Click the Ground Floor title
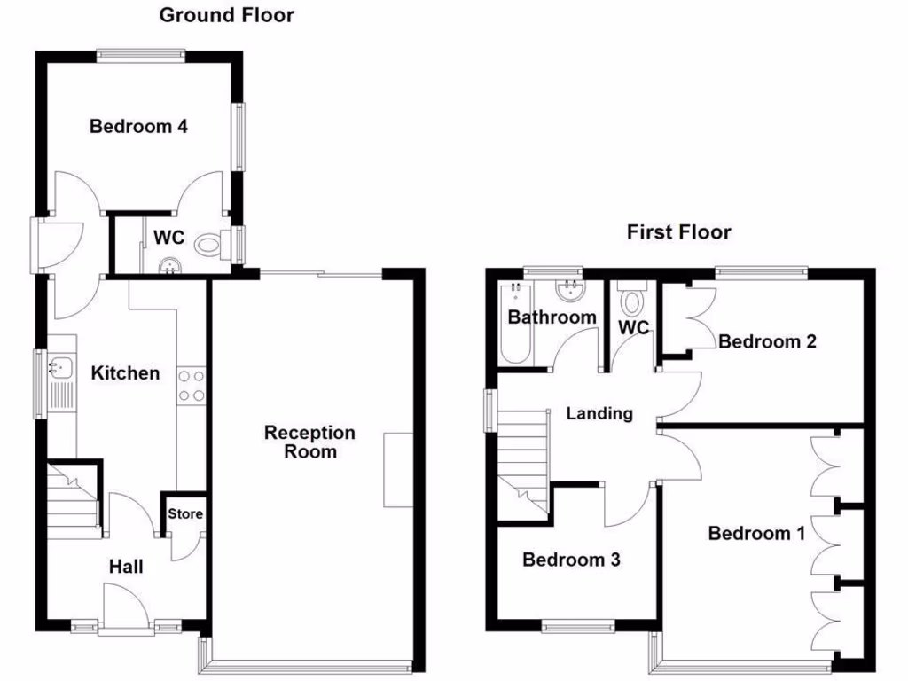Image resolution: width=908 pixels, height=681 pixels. tap(226, 15)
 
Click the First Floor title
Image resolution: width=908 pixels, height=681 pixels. tap(678, 232)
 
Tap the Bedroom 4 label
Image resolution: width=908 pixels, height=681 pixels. tap(138, 126)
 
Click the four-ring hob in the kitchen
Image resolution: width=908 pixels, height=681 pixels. tap(192, 385)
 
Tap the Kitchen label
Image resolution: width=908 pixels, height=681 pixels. tap(126, 372)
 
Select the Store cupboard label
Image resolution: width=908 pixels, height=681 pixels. tap(185, 513)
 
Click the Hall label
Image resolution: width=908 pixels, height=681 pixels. tap(126, 566)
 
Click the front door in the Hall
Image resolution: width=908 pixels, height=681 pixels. tap(122, 612)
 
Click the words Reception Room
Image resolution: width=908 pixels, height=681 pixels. tap(309, 442)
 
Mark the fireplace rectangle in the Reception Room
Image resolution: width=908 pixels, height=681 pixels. tap(398, 469)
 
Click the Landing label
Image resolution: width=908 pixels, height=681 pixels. tap(599, 412)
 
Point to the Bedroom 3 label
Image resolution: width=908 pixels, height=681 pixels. tap(570, 560)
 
